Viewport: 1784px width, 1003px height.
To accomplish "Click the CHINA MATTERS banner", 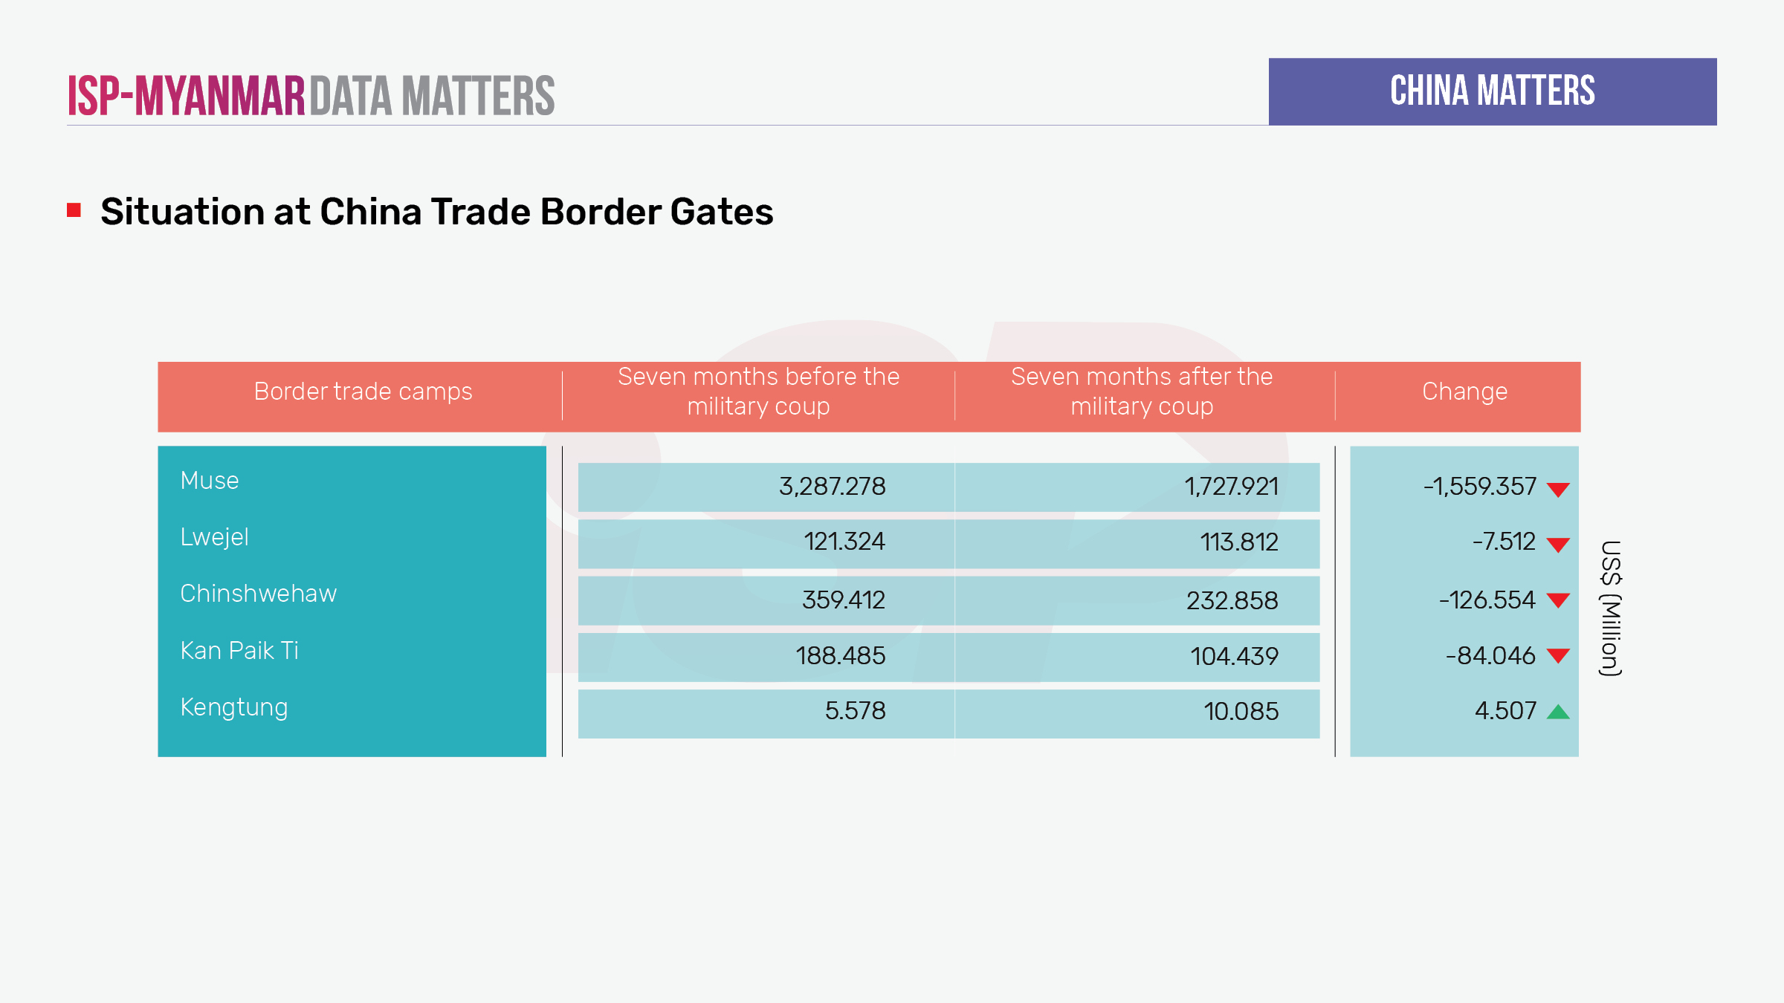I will [1492, 91].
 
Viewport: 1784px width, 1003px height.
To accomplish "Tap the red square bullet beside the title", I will [74, 210].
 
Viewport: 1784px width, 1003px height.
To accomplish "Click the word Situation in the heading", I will [182, 212].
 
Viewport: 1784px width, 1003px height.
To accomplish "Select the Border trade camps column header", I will [363, 392].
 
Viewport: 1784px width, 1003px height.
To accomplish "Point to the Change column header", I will [1464, 392].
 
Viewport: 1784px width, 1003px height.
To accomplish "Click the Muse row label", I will [210, 481].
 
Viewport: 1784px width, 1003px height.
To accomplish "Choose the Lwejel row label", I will [214, 537].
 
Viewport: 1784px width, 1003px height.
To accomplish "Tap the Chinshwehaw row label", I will [258, 594].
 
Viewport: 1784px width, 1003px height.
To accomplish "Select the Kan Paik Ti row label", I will [239, 651].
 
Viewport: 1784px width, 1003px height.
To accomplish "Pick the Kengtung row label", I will [233, 707].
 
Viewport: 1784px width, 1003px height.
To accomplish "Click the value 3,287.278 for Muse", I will [832, 487].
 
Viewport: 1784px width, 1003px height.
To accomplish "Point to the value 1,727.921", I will [1231, 487].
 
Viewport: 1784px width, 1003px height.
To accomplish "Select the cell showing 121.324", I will [844, 542].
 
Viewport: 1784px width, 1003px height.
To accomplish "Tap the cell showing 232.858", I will [1232, 600].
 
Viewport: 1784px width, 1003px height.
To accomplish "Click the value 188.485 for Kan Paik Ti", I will [840, 656].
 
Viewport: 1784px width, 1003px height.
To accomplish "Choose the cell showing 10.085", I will [1241, 712].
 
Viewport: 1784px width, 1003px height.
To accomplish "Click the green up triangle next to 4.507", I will [1558, 713].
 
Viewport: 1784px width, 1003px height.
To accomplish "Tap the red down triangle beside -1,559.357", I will [1558, 490].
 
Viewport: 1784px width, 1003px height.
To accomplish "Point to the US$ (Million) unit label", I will [1610, 608].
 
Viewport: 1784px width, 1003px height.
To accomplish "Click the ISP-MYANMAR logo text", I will [187, 97].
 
